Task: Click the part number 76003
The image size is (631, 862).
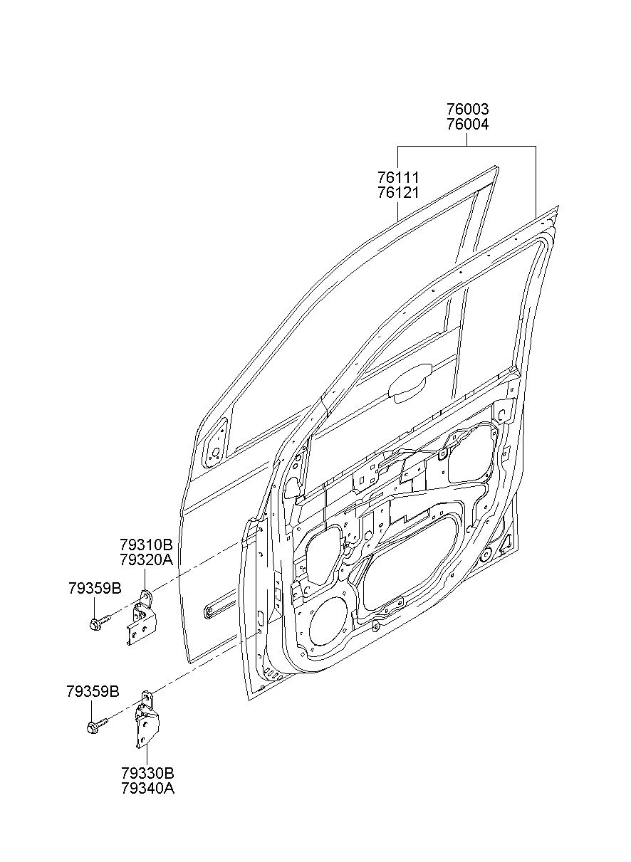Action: (467, 110)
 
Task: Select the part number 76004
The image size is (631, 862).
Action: (467, 125)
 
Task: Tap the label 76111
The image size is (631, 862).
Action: (397, 177)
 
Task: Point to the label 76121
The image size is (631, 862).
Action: (397, 192)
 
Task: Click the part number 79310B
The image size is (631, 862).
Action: (146, 545)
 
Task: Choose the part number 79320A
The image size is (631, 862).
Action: (146, 560)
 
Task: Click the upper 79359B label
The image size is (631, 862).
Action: (95, 588)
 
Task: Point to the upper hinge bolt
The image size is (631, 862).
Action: (99, 622)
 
